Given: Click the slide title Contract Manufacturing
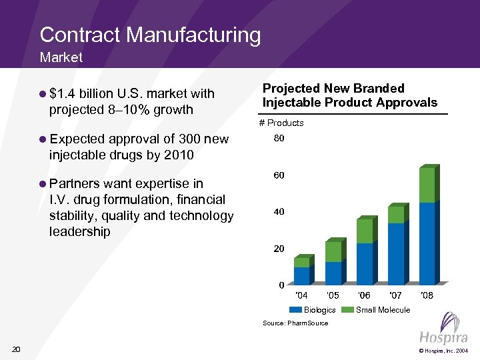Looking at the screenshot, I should (150, 35).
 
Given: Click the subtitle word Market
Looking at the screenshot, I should (61, 57).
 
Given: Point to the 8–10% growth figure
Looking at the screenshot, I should (150, 109).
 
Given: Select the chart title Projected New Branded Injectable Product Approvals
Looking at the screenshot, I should (349, 95).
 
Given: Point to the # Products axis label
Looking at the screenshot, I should (281, 123).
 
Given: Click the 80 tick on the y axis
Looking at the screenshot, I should (279, 139).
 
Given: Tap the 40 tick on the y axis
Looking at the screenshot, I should (279, 212).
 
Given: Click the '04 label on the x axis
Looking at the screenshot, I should (301, 295).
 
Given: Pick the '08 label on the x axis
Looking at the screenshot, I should (427, 295).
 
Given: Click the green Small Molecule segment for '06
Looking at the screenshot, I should (364, 231).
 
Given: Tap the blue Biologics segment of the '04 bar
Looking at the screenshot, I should (301, 276).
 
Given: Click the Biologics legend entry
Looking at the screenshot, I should (312, 310).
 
